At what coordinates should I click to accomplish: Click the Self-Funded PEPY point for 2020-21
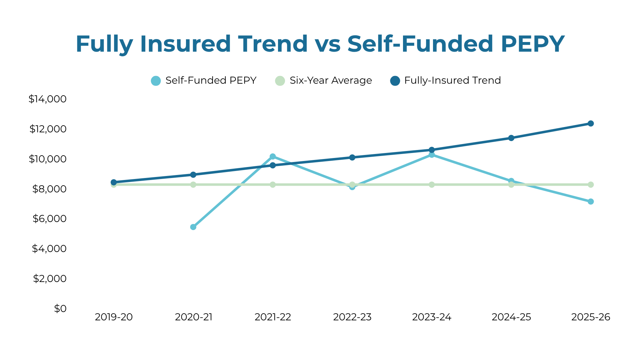193,227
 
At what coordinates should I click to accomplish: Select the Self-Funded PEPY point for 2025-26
591,202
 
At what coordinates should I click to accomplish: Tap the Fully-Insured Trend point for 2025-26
591,124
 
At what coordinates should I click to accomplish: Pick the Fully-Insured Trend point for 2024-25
511,138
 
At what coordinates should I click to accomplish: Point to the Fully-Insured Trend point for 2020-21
193,175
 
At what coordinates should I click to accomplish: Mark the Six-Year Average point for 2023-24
432,185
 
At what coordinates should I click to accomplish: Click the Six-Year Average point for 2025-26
591,185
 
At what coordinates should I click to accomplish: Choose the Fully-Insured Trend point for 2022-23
352,157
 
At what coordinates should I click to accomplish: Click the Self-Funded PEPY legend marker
156,81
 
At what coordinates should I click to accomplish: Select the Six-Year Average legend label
331,80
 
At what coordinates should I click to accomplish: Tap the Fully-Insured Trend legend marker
395,81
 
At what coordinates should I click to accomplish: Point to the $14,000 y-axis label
48,99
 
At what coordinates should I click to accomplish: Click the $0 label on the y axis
60,308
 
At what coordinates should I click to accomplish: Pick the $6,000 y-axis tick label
49,219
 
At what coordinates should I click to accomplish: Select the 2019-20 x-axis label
114,317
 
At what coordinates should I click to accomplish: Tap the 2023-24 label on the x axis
432,317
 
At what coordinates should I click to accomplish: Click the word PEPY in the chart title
532,44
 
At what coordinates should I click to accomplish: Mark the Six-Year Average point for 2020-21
193,185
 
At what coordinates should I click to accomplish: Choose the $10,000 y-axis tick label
48,159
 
